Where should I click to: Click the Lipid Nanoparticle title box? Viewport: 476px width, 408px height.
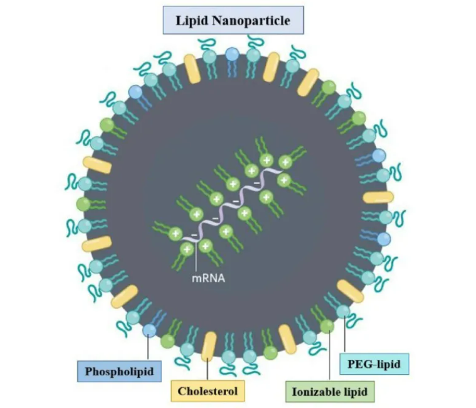pos(233,20)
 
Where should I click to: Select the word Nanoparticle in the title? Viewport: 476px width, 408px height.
pos(251,20)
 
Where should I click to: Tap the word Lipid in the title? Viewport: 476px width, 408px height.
pos(192,21)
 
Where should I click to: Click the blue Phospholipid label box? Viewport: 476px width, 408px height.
pos(119,371)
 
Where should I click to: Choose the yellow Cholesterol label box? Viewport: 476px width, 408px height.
pos(208,391)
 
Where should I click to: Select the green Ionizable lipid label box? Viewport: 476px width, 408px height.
pos(330,392)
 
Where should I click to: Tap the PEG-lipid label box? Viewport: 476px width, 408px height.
pos(374,364)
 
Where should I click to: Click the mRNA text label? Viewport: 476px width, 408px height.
pos(208,278)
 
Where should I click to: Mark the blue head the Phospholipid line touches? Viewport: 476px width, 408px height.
pos(149,330)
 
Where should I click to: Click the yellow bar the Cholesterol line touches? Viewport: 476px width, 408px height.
pos(209,347)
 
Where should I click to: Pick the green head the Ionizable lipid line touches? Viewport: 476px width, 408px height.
pos(327,326)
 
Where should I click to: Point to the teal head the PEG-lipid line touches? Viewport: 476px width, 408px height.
pos(343,312)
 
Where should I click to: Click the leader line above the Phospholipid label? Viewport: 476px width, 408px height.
pos(148,348)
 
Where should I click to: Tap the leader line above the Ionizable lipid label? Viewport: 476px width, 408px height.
pos(330,356)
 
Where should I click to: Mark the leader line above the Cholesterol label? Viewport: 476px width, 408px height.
pos(208,369)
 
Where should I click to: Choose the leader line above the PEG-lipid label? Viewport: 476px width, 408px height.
pos(344,334)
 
